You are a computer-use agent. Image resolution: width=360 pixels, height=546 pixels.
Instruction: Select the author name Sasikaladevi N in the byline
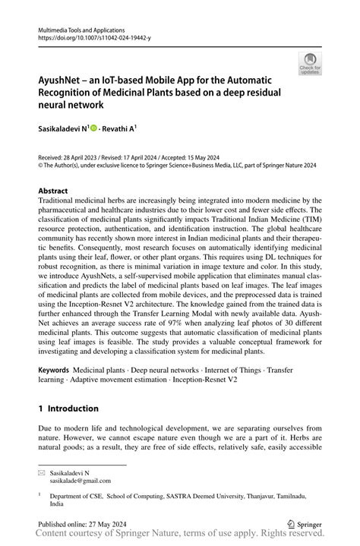point(63,130)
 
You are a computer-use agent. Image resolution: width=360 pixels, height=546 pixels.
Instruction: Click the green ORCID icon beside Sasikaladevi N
point(94,130)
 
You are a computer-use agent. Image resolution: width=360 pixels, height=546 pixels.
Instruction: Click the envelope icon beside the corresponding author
point(42,472)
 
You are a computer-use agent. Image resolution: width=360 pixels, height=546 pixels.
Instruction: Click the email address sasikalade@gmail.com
point(81,480)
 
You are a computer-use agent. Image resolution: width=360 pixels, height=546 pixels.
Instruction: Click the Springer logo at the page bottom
point(303,524)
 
